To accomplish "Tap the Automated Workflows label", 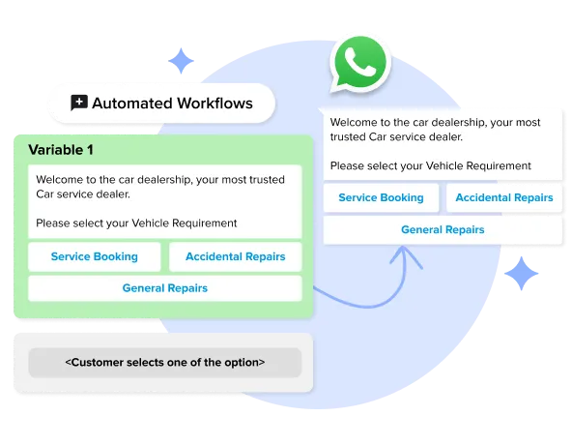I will click(172, 103).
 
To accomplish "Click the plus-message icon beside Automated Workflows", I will click(79, 103).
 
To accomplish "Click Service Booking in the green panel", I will click(94, 256).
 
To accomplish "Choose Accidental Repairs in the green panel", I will click(235, 256).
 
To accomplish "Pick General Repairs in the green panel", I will click(164, 287).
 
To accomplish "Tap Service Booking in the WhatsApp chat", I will click(381, 197).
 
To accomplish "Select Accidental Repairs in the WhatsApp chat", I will click(503, 197).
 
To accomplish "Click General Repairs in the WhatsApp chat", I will click(443, 229).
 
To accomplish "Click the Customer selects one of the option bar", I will click(164, 363).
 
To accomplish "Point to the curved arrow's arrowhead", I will click(404, 253).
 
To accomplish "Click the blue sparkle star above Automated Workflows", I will click(181, 63).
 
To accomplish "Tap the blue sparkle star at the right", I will click(523, 276).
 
